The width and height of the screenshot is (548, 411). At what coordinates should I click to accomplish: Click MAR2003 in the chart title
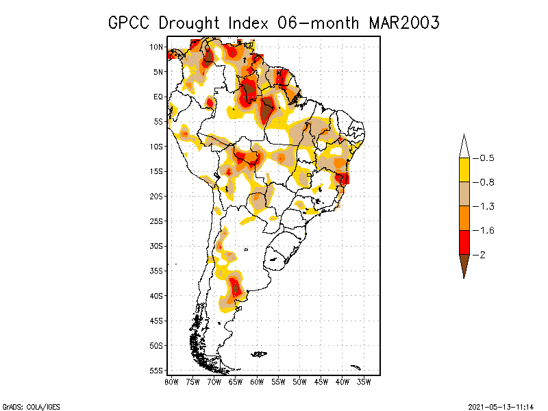403,23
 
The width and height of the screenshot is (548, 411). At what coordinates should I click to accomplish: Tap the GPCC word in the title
130,23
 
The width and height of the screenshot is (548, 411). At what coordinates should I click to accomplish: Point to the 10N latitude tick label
156,47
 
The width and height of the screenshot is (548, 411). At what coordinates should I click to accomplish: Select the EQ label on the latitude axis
158,97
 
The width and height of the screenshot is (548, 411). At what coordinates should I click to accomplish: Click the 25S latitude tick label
156,221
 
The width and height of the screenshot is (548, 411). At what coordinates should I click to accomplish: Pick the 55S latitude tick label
156,370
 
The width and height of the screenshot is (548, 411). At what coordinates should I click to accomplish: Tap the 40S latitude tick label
156,295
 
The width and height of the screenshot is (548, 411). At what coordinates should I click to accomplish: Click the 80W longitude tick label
172,382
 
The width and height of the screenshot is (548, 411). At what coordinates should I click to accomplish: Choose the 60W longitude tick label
257,382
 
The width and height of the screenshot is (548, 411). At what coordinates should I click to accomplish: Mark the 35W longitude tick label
364,382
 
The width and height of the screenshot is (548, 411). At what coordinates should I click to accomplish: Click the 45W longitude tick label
321,382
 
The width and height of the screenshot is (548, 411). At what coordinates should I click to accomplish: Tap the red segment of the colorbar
464,242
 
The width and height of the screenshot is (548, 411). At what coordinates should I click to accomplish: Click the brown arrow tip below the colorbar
464,269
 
